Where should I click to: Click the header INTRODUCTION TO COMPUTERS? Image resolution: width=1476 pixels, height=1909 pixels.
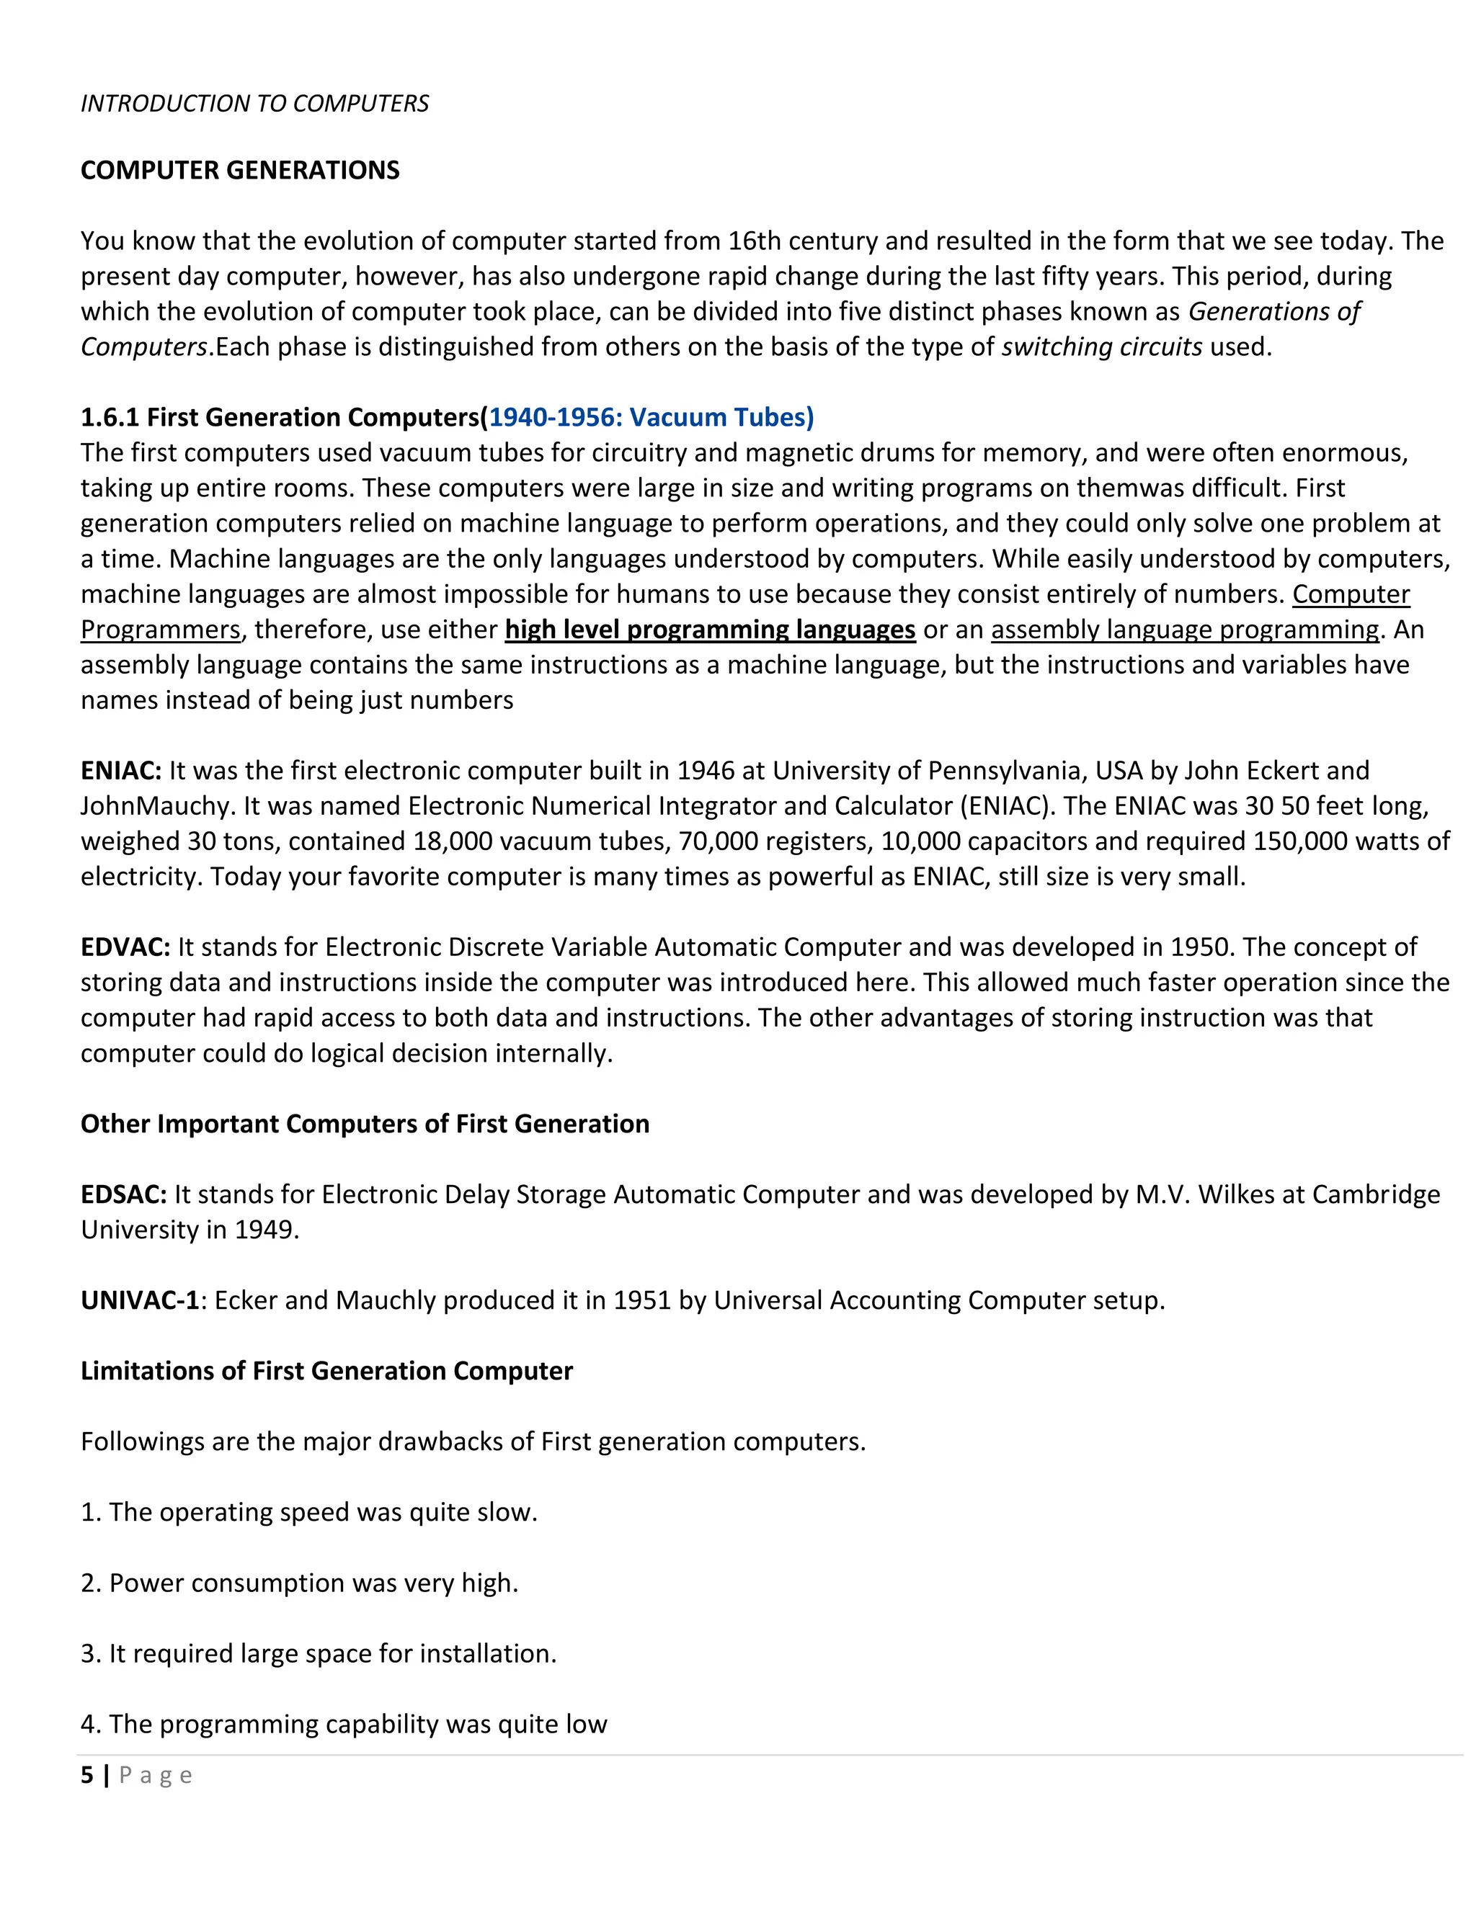(254, 104)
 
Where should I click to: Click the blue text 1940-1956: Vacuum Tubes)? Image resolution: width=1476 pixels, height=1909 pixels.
(651, 418)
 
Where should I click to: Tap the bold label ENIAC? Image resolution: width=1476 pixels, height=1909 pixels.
(120, 771)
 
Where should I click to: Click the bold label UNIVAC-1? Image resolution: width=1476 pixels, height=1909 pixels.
(140, 1300)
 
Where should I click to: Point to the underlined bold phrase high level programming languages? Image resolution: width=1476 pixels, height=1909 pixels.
(710, 630)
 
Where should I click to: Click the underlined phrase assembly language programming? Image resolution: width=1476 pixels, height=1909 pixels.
(1185, 630)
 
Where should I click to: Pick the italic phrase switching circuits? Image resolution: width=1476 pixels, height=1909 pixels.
(1102, 348)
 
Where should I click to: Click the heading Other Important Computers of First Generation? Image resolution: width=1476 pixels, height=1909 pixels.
(365, 1124)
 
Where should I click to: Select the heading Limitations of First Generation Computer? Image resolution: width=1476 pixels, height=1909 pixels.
(326, 1372)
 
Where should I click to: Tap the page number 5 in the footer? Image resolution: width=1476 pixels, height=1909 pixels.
(86, 1775)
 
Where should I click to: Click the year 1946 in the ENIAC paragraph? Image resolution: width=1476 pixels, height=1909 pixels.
(706, 771)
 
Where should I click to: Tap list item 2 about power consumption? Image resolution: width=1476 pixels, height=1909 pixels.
(299, 1583)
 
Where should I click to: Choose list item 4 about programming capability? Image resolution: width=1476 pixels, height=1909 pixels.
(344, 1724)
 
